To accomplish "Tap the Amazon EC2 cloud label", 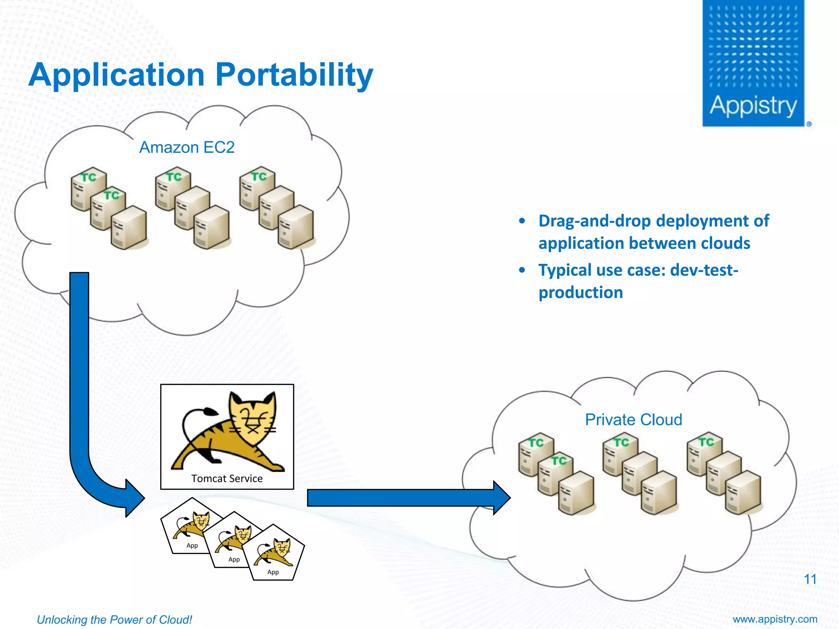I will (x=187, y=147).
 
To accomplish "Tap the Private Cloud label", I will (x=633, y=420).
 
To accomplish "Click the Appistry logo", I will (x=753, y=63).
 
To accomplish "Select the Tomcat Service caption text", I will (x=227, y=478).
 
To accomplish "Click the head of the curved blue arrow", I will (x=135, y=498).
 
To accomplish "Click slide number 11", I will (x=810, y=579).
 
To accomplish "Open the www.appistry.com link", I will (x=775, y=619).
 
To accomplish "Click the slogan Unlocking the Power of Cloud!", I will (x=114, y=620).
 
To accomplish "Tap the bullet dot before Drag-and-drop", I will (x=522, y=221).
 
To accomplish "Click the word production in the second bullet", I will (x=580, y=292).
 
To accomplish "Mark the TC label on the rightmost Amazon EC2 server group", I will (x=259, y=176).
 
